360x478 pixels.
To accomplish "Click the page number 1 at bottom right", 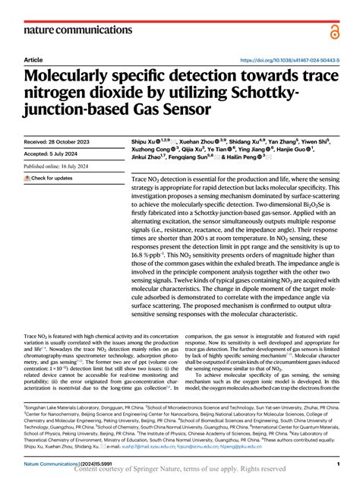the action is tap(336, 463).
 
